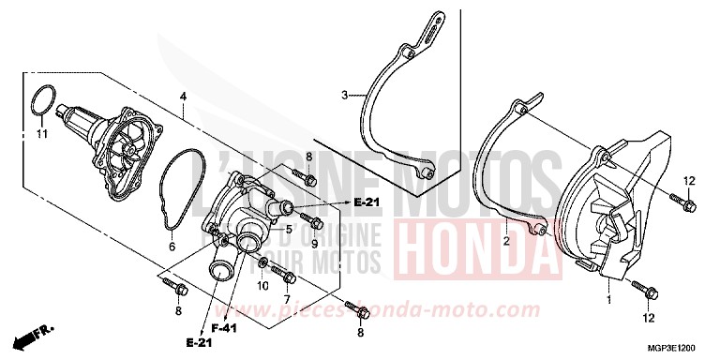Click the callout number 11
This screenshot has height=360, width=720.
click(x=41, y=134)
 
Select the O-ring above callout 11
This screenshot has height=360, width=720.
click(x=40, y=102)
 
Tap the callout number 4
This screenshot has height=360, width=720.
click(x=183, y=97)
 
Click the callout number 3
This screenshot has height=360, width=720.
click(x=345, y=95)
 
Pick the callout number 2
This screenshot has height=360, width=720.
click(x=505, y=241)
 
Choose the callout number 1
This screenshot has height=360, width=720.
click(x=609, y=300)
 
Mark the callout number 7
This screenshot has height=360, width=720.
click(x=288, y=299)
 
